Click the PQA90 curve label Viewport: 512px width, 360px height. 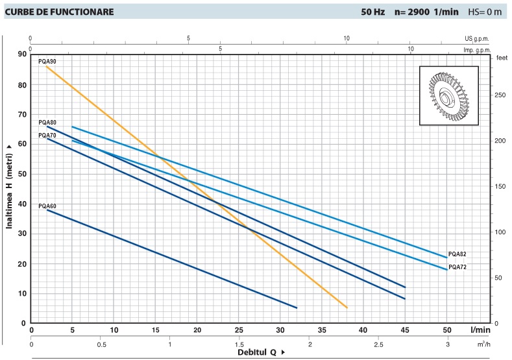click(x=47, y=61)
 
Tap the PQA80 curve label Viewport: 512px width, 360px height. click(x=47, y=122)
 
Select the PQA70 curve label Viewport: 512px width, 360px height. click(x=47, y=135)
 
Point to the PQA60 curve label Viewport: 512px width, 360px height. click(x=47, y=206)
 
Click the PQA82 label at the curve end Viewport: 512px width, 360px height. click(x=457, y=254)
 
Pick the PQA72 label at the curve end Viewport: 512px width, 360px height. click(x=457, y=267)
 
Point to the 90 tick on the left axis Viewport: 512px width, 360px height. click(x=21, y=54)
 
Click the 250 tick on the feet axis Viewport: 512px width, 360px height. click(x=500, y=95)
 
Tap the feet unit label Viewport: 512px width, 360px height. click(x=501, y=58)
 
